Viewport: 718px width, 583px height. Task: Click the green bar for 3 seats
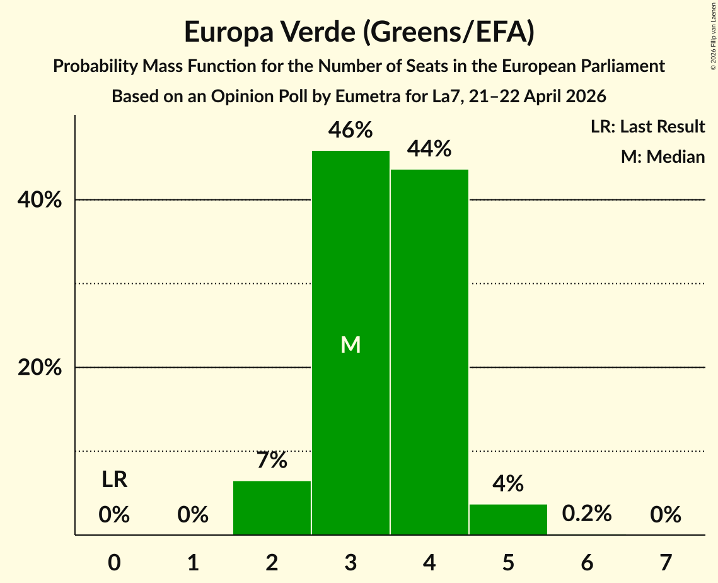tap(350, 343)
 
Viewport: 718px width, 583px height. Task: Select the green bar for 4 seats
tap(429, 352)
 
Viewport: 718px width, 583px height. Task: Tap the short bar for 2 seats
tap(272, 508)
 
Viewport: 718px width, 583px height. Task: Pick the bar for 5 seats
tap(508, 519)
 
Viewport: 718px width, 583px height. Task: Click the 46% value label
tap(350, 130)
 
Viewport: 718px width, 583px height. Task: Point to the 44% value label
tap(429, 148)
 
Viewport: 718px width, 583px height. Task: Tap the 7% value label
tap(272, 460)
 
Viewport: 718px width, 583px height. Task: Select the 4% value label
tap(508, 483)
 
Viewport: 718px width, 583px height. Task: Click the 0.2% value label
tap(587, 514)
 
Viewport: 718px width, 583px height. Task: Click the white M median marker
tap(350, 344)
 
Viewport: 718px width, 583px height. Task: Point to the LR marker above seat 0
tap(115, 480)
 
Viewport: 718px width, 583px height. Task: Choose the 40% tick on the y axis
tap(40, 200)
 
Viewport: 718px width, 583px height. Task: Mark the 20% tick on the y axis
tap(40, 367)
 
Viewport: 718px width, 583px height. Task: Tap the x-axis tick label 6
tap(587, 562)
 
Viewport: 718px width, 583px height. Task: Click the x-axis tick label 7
tap(666, 562)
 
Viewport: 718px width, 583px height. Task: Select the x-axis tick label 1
tap(194, 562)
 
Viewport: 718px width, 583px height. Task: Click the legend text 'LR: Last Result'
tap(647, 126)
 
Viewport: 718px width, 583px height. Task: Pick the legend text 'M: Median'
tap(663, 156)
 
